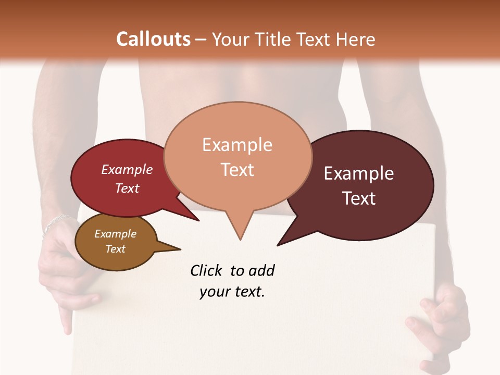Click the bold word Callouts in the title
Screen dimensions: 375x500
[x=153, y=39]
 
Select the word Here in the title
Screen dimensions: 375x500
[x=356, y=39]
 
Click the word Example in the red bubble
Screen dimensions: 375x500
[x=127, y=170]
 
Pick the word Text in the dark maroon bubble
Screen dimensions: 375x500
[x=358, y=198]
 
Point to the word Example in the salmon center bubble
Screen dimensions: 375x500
[x=237, y=145]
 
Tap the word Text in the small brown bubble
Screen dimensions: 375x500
[x=115, y=249]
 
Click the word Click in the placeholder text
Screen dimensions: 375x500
[x=207, y=270]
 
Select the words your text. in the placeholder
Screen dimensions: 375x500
[x=232, y=292]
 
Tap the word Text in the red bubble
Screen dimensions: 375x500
[x=127, y=188]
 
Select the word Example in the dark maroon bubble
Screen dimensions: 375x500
[x=358, y=173]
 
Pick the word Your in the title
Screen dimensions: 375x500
[x=230, y=39]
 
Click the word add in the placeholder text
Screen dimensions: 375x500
[x=261, y=270]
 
